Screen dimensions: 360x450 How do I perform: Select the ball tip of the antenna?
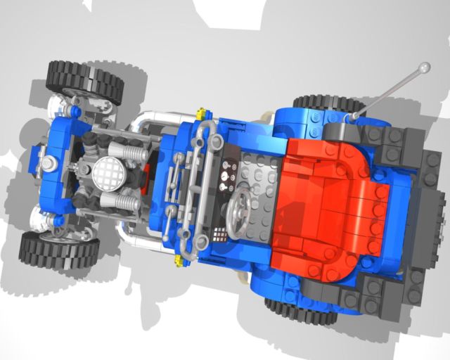pos(423,68)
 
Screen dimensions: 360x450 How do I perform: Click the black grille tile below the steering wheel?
pos(220,233)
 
